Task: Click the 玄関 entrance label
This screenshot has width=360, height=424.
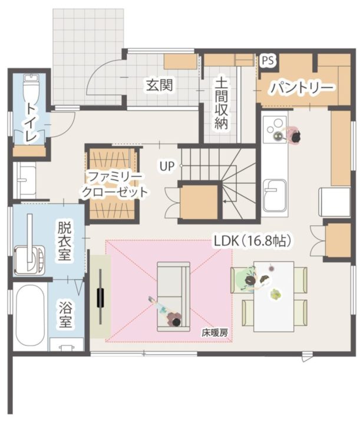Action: point(159,85)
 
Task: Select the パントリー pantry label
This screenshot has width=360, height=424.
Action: point(302,88)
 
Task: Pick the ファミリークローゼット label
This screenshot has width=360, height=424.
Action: point(114,184)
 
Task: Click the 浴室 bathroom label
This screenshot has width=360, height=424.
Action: point(65,314)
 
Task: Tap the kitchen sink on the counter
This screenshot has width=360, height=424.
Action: point(275,194)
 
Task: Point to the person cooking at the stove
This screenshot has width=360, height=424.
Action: point(293,136)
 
